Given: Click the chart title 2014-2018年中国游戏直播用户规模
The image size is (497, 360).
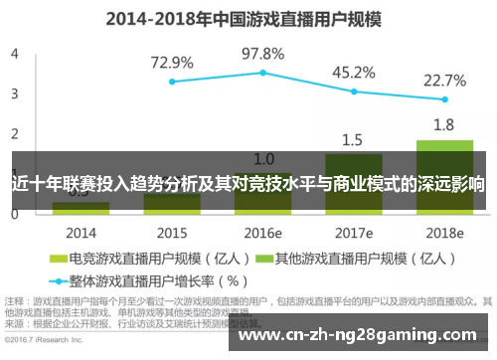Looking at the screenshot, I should point(248,16).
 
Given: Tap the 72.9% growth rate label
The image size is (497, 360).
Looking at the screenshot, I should point(171,63).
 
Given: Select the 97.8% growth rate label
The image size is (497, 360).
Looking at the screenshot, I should point(262,53).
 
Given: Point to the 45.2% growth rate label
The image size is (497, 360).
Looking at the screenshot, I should point(353,73).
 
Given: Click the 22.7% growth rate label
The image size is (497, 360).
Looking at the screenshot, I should point(444,80).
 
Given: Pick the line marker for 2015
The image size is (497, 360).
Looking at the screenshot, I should point(171,82).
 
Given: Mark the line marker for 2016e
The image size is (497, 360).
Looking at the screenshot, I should point(262,72).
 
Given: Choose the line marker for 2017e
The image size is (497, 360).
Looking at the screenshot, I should point(353,91).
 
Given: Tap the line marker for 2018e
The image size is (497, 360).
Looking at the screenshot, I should point(444,99).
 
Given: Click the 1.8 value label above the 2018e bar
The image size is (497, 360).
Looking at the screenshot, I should point(444,124).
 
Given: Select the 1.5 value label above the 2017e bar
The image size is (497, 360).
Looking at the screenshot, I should point(353,139).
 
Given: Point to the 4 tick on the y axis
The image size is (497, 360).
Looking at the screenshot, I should point(14,54).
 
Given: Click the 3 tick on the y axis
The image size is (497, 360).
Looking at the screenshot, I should point(14,93).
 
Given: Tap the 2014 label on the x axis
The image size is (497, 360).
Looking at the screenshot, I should point(81,233).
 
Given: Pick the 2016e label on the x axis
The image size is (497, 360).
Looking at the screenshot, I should point(262,233).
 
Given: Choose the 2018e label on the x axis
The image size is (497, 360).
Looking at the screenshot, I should point(444,233).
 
